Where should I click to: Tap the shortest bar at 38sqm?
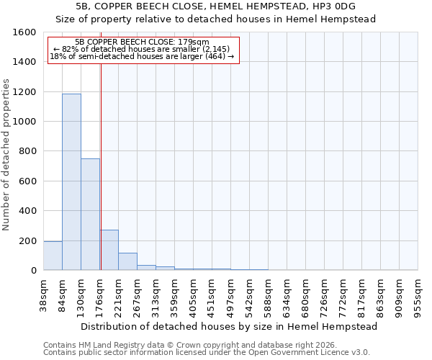click(53, 256)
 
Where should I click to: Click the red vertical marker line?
click(101, 166)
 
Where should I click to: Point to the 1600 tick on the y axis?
click(24, 32)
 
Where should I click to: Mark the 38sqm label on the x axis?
click(43, 295)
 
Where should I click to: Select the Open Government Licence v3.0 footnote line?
click(207, 353)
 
